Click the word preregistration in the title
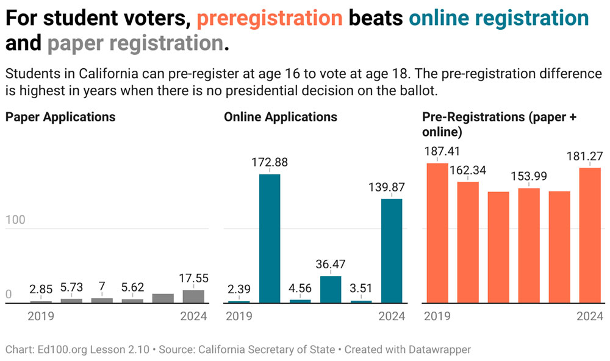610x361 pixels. [x=269, y=19]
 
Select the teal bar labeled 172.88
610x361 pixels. [x=270, y=238]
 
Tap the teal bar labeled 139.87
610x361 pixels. [x=392, y=251]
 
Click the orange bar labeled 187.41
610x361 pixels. [x=437, y=233]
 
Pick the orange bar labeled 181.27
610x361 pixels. [x=590, y=235]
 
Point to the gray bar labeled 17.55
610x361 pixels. [x=193, y=296]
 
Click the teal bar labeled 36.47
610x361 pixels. [x=331, y=289]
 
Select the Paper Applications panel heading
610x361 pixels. [x=60, y=116]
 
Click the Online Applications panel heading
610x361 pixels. [x=281, y=116]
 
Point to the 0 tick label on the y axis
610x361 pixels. [x=9, y=295]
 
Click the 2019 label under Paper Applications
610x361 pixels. [x=41, y=316]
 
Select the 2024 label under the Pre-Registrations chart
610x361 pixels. [x=590, y=316]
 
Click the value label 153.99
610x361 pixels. [x=529, y=176]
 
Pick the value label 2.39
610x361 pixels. [x=239, y=290]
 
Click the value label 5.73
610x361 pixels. [x=71, y=287]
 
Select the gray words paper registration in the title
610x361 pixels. [x=135, y=44]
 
